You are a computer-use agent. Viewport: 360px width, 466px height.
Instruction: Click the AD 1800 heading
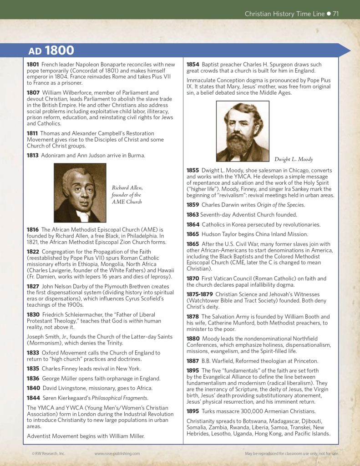click(51, 50)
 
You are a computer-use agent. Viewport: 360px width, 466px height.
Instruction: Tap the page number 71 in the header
click(335, 14)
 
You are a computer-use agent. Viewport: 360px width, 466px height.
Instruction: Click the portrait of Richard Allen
click(80, 193)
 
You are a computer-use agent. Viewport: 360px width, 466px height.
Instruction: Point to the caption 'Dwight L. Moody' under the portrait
click(294, 159)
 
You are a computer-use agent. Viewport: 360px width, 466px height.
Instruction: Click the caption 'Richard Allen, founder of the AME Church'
click(127, 194)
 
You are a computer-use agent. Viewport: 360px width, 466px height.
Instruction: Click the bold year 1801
click(33, 65)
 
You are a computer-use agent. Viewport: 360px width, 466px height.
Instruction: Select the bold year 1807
click(33, 93)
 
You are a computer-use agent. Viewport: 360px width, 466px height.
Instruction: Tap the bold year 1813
click(33, 156)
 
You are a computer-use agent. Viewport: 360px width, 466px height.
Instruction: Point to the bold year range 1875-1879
click(200, 294)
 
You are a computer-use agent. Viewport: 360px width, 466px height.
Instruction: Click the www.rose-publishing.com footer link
click(117, 453)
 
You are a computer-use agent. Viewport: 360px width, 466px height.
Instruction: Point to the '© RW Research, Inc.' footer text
click(49, 453)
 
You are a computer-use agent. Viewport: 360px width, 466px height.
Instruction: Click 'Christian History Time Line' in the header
click(284, 14)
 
